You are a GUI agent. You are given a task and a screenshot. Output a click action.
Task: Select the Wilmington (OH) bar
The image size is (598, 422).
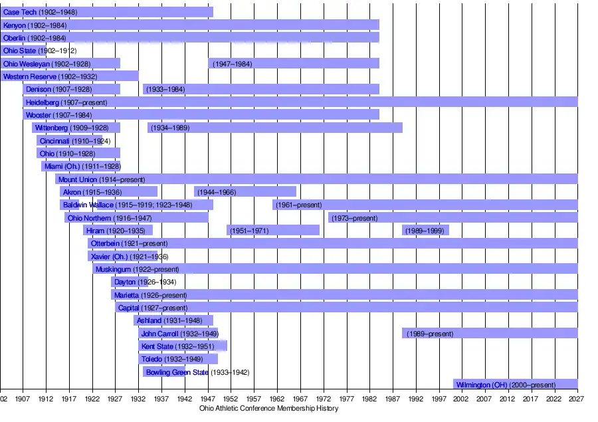(x=515, y=384)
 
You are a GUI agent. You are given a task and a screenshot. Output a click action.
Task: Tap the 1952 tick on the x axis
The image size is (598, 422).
(x=231, y=399)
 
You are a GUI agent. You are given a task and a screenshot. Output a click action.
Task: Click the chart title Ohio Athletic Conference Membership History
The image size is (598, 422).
(x=268, y=408)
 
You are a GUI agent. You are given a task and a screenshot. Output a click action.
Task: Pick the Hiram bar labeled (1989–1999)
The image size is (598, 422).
(x=425, y=230)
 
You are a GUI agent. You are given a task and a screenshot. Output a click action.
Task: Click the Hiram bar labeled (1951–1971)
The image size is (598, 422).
(x=273, y=230)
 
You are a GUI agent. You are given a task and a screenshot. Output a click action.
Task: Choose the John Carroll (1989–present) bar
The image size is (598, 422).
(x=490, y=333)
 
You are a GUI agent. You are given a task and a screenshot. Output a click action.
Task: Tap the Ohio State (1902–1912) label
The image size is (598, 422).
(x=40, y=51)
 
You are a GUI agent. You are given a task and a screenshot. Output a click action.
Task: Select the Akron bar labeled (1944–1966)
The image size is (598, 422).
(x=245, y=191)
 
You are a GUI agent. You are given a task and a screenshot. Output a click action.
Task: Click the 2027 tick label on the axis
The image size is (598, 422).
(x=576, y=399)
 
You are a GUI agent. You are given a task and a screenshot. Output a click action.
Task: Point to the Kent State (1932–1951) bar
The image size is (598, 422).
(x=183, y=346)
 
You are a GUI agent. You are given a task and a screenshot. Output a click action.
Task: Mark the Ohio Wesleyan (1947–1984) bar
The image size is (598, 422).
(x=294, y=63)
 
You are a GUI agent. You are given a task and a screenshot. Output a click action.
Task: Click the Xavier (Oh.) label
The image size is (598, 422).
(x=130, y=256)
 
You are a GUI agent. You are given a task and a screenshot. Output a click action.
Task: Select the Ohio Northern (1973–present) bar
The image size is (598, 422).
(x=452, y=217)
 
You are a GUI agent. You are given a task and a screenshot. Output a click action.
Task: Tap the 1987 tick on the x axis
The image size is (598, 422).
(x=393, y=399)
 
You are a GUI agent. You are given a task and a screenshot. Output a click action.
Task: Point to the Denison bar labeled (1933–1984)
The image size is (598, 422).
(x=260, y=89)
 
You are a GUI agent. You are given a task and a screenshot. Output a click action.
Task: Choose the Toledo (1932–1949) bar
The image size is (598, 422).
(x=178, y=359)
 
